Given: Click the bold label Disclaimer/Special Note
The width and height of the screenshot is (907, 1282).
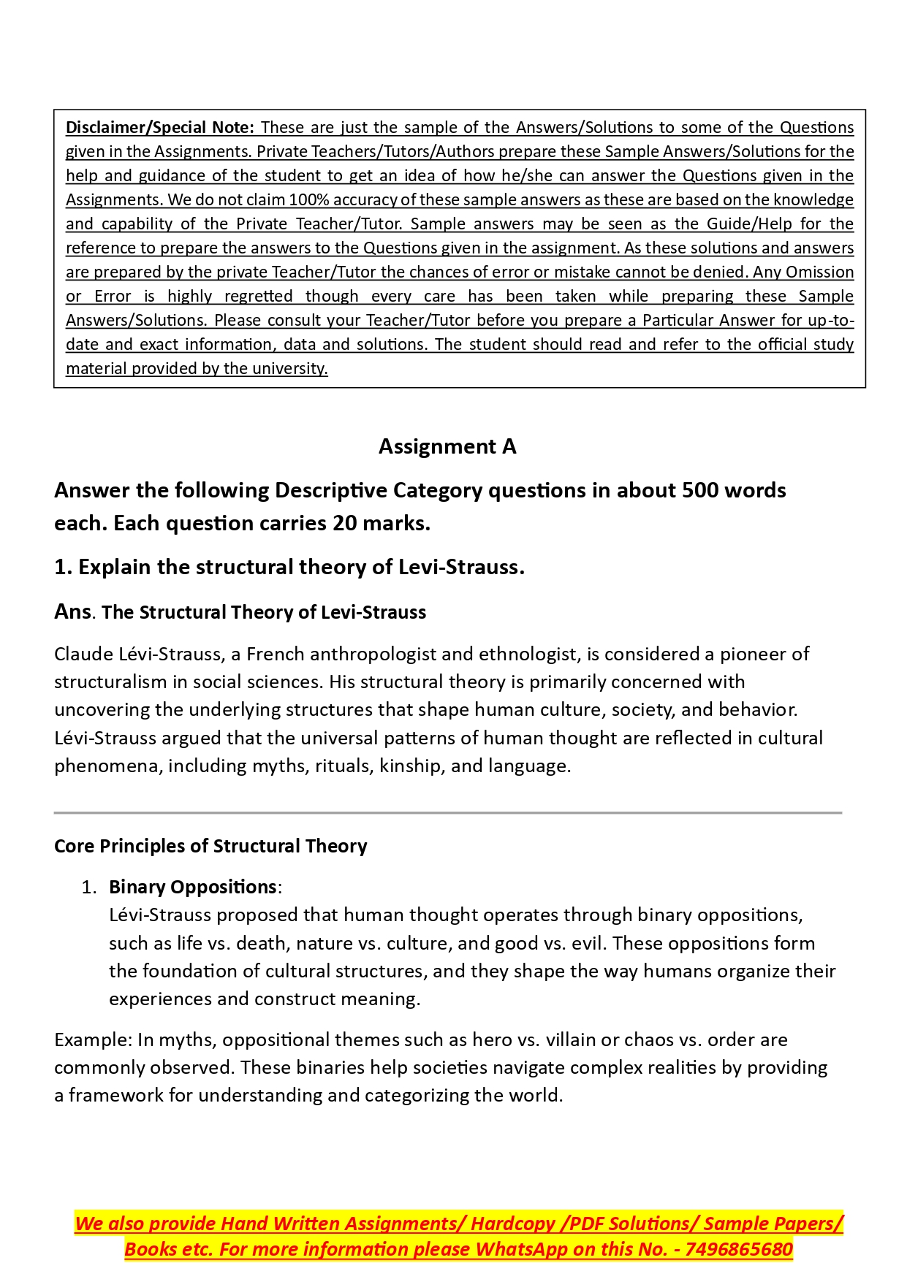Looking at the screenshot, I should pos(159,127).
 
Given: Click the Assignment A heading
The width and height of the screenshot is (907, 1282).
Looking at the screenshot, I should pos(447,446).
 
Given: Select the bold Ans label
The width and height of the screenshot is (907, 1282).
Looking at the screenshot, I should pos(72,611).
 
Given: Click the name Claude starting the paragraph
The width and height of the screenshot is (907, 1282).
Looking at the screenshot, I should pos(83,654).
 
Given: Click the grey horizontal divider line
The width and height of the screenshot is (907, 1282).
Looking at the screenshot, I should pos(447,812).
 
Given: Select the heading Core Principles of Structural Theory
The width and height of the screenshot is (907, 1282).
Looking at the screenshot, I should pos(210,846).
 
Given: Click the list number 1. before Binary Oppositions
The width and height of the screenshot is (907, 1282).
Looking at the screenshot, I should pos(88,887).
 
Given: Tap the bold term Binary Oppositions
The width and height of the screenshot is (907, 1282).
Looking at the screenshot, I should pos(192,887).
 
